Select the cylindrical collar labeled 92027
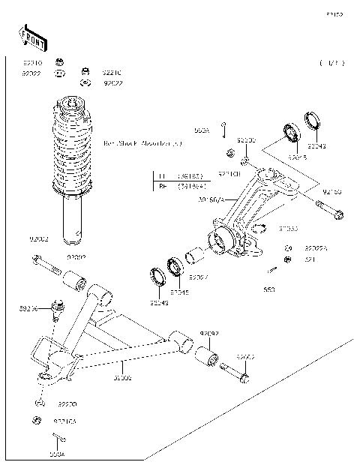tap(194, 258)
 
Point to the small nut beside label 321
tap(287, 259)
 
